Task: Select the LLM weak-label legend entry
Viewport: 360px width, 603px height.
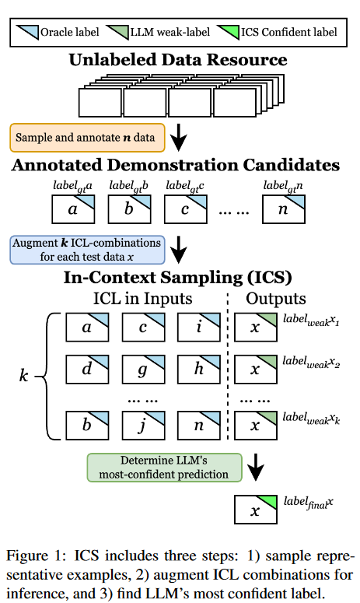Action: coord(165,32)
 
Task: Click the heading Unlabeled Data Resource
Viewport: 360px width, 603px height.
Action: coord(178,60)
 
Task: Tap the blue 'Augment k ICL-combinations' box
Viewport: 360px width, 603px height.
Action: coord(86,249)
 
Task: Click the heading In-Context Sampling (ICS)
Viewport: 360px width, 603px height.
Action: coord(178,277)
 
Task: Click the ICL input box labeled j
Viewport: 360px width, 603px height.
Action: coord(143,426)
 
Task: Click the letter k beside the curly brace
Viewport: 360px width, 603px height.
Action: coord(23,377)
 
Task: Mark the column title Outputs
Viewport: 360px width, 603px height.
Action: coord(275,299)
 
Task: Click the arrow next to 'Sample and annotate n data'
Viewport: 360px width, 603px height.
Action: coord(179,137)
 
